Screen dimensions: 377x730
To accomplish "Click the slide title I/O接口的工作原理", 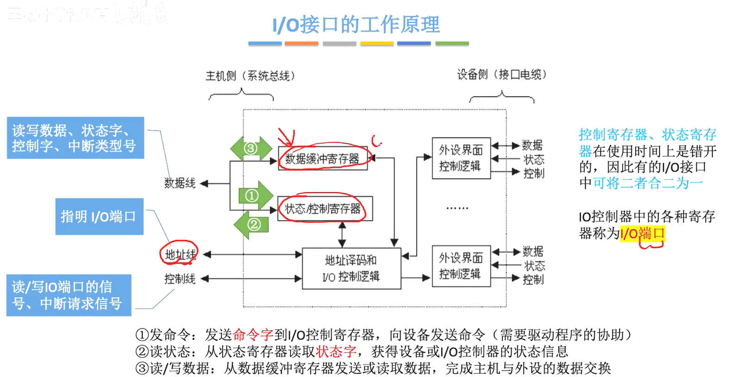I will pos(356,25).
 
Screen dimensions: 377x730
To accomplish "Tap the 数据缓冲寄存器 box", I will pos(322,159).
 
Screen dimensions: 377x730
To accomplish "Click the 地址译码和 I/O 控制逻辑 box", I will pos(351,268).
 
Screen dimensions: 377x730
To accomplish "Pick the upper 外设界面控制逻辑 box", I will pos(461,158).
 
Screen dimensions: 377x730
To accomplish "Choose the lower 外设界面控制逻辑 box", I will pos(461,266).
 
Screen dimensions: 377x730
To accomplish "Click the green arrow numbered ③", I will pos(251,148).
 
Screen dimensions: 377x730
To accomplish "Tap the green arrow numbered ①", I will pos(255,195).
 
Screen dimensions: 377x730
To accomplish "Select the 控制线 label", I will pos(180,278).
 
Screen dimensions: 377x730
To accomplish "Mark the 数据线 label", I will pos(180,183).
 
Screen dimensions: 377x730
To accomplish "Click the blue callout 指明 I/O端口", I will pos(99,216).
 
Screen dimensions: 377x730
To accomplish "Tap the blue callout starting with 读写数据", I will pos(75,138).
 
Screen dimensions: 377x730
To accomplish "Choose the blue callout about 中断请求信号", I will pos(68,295).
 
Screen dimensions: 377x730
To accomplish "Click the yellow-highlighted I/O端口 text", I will pos(643,234).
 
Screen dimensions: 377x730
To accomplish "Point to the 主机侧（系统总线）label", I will pos(250,76).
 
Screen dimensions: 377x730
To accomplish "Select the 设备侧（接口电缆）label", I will pos(502,74).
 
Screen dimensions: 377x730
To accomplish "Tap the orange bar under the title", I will pos(301,43).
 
